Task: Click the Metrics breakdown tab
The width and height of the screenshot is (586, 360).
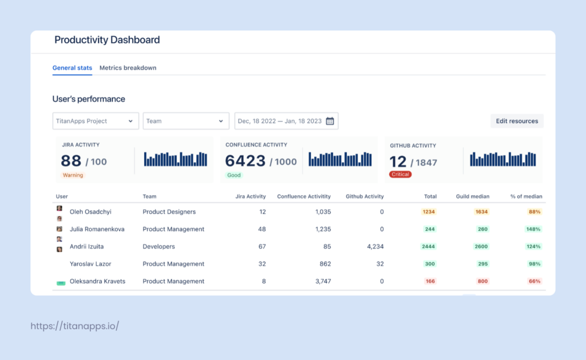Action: tap(128, 68)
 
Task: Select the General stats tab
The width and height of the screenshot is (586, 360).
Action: tap(72, 68)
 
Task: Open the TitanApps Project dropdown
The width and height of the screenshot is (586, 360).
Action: tap(95, 121)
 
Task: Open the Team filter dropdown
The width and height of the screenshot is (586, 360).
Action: tap(185, 121)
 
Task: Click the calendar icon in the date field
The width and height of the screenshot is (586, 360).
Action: tap(330, 121)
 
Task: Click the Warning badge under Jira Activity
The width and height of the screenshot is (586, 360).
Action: tap(73, 175)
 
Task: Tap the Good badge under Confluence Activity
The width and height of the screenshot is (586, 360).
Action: tap(233, 175)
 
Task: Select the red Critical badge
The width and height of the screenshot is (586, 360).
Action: tap(400, 174)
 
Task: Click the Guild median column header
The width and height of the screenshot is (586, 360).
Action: tap(472, 196)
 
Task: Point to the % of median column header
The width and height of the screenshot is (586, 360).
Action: tap(526, 196)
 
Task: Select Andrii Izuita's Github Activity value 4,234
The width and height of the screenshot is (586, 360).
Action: tap(372, 247)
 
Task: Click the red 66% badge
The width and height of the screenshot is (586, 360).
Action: tap(534, 281)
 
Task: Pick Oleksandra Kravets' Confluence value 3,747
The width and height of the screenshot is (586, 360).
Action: tap(323, 281)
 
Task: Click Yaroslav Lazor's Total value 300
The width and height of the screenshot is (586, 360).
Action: tap(430, 264)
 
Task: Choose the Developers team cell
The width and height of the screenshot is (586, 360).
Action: tap(159, 247)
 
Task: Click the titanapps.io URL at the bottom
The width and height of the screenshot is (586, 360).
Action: tap(74, 326)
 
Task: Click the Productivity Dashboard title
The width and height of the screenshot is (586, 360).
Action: tap(107, 40)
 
